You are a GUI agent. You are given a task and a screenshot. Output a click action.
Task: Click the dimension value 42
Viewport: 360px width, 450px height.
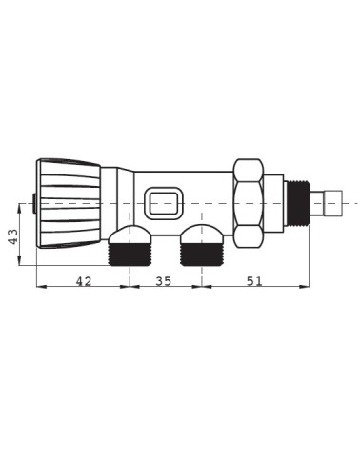83,281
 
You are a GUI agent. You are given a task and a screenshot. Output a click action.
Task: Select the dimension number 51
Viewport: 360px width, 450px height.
254,281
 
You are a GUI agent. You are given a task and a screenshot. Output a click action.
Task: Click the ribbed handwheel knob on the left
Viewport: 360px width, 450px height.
69,203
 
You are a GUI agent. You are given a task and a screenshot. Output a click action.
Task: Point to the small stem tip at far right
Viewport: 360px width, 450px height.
334,202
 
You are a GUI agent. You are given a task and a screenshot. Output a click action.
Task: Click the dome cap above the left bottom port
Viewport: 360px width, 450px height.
130,235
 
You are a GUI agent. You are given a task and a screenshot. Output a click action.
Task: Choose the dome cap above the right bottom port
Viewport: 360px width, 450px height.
201,235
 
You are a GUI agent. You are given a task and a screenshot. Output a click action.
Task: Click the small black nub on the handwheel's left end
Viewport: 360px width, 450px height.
34,203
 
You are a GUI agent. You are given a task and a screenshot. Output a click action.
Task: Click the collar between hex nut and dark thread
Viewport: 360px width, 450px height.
274,202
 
